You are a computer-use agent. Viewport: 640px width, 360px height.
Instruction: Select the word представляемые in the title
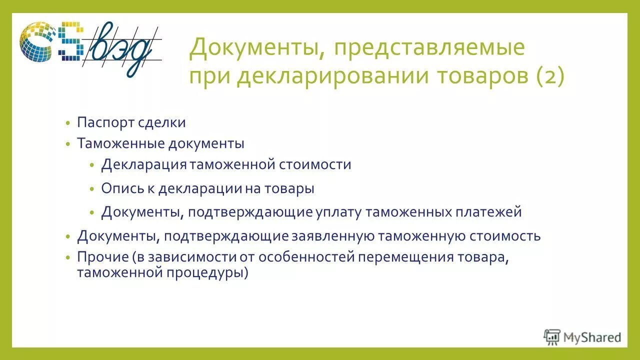(x=430, y=47)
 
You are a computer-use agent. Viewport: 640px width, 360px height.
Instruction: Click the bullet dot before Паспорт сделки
(x=68, y=123)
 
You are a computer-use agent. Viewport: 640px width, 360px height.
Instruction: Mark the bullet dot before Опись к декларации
(x=92, y=189)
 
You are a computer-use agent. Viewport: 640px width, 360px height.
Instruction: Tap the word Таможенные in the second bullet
(x=121, y=143)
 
